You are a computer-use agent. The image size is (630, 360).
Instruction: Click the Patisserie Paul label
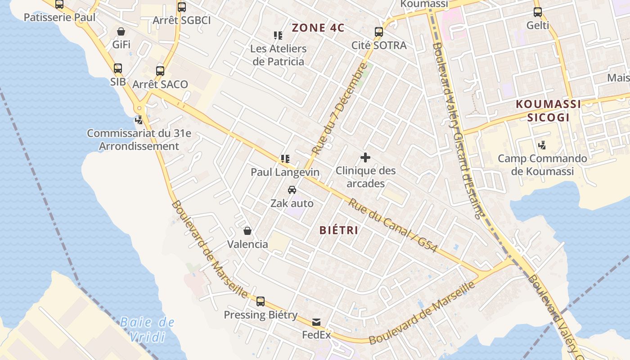[x=59, y=18]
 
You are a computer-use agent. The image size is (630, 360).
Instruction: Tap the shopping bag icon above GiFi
[x=121, y=31]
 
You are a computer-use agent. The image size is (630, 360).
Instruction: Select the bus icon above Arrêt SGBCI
[x=182, y=7]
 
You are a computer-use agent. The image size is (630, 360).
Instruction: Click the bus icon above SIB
[x=118, y=68]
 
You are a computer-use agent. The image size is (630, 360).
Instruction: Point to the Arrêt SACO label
[x=160, y=85]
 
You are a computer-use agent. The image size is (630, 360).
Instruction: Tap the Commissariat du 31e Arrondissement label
[x=139, y=140]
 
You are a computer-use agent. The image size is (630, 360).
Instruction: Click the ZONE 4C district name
[x=318, y=28]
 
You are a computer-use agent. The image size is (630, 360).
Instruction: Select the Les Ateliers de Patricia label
[x=279, y=55]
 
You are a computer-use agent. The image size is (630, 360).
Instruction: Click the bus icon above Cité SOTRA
[x=379, y=32]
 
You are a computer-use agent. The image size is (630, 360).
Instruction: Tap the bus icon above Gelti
[x=538, y=12]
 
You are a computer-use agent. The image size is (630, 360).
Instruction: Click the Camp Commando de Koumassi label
[x=542, y=165]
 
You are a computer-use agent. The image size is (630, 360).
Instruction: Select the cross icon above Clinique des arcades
[x=365, y=157]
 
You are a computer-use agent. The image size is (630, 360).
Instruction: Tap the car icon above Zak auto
[x=292, y=190]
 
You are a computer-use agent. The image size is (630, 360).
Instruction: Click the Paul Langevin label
[x=285, y=172]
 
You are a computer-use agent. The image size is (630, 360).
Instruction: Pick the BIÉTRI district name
[x=339, y=230]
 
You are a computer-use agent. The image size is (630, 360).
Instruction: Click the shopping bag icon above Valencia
[x=247, y=231]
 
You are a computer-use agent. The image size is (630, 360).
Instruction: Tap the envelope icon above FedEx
[x=316, y=322]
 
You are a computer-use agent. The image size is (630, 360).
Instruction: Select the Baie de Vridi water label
[x=147, y=329]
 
